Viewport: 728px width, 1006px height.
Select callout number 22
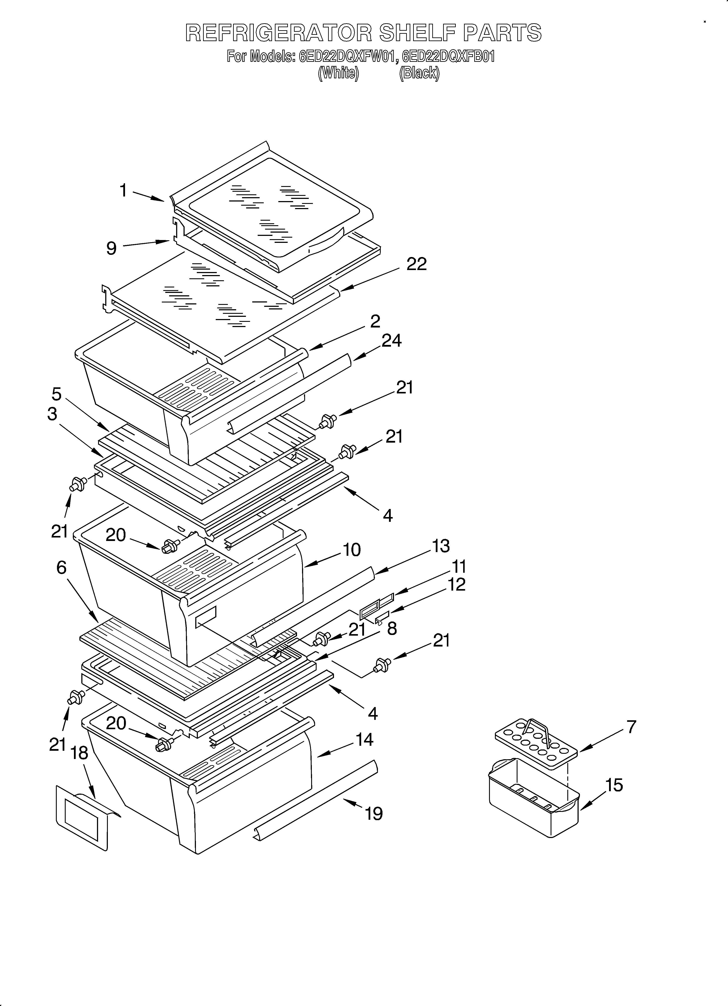pyautogui.click(x=416, y=264)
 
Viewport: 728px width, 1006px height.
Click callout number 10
pyautogui.click(x=352, y=550)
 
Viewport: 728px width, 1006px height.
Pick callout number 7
pyautogui.click(x=631, y=727)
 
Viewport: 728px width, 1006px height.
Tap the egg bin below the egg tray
pyautogui.click(x=532, y=803)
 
